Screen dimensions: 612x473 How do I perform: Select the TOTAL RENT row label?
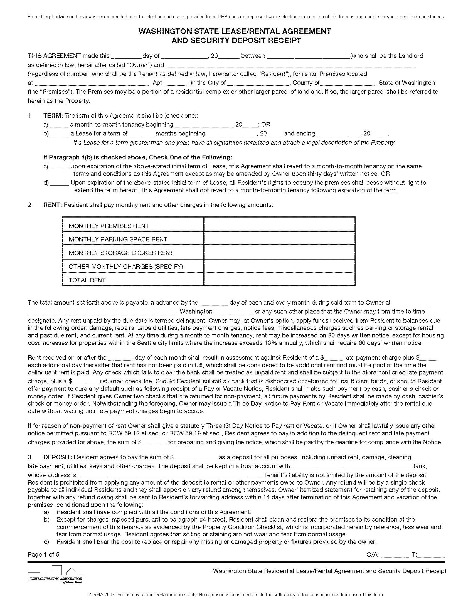87,280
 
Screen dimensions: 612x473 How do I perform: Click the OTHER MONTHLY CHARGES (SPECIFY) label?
125,266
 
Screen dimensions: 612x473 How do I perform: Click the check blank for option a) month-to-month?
59,125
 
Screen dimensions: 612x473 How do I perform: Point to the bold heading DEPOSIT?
58,457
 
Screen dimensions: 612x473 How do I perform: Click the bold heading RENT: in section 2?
53,205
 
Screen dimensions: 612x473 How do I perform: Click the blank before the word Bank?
351,467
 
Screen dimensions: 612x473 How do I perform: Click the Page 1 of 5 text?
43,554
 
